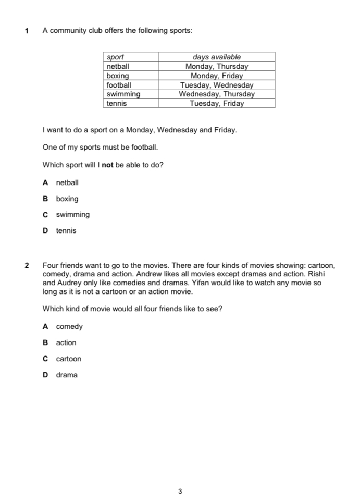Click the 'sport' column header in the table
[115, 57]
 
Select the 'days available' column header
[217, 57]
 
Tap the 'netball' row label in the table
[118, 66]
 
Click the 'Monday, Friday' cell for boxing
[217, 76]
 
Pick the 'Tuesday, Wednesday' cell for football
[217, 85]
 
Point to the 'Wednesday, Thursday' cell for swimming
[217, 94]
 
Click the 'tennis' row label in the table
[116, 103]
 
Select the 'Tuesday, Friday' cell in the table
[217, 103]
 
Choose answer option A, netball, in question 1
[67, 183]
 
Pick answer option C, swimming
[72, 215]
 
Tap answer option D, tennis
[66, 230]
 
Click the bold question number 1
[27, 31]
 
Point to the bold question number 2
[27, 265]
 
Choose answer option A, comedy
[69, 327]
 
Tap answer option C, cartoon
[69, 359]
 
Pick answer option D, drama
[67, 375]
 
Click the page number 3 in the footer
[180, 491]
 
